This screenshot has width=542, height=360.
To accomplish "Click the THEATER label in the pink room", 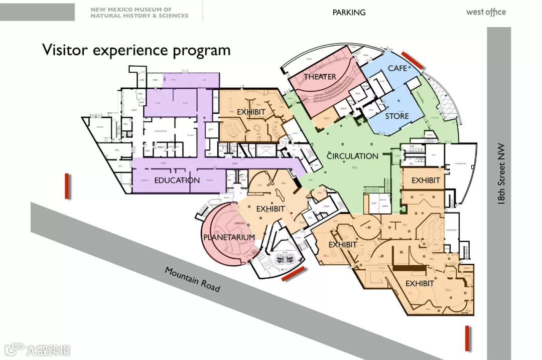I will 320,77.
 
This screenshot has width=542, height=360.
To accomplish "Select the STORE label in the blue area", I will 397,116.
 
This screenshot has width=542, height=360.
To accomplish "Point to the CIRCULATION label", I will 352,156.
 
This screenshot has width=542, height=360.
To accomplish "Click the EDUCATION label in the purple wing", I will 177,181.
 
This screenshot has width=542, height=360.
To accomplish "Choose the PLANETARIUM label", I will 229,237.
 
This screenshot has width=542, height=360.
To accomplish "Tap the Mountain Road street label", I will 192,279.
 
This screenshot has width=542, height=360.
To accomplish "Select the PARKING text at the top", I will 349,13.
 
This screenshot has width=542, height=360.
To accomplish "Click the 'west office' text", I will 486,13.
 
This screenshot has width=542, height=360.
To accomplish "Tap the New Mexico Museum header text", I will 139,13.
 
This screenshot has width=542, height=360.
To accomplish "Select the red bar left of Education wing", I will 67,186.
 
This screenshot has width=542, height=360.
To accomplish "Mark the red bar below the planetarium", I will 293,274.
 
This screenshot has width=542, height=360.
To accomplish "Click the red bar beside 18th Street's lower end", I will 467,338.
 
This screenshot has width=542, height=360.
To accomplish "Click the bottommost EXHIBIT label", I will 420,284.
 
